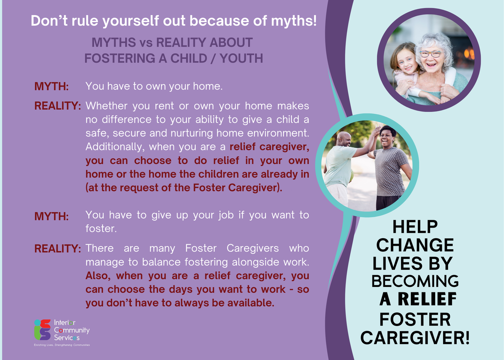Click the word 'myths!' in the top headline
294,21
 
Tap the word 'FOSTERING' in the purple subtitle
120,58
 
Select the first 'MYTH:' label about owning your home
52,87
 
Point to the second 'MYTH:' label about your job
52,216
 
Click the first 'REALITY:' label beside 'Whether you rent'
58,106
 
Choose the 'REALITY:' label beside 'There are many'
58,249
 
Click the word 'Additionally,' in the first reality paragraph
115,147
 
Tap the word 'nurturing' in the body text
192,134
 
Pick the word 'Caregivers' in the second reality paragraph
252,248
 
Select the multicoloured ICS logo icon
42,330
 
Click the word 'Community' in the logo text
72,330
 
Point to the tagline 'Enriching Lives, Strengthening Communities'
62,345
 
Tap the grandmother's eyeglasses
430,54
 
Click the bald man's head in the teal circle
344,139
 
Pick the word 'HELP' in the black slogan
415,227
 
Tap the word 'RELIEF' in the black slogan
427,299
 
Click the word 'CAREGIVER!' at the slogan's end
415,338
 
